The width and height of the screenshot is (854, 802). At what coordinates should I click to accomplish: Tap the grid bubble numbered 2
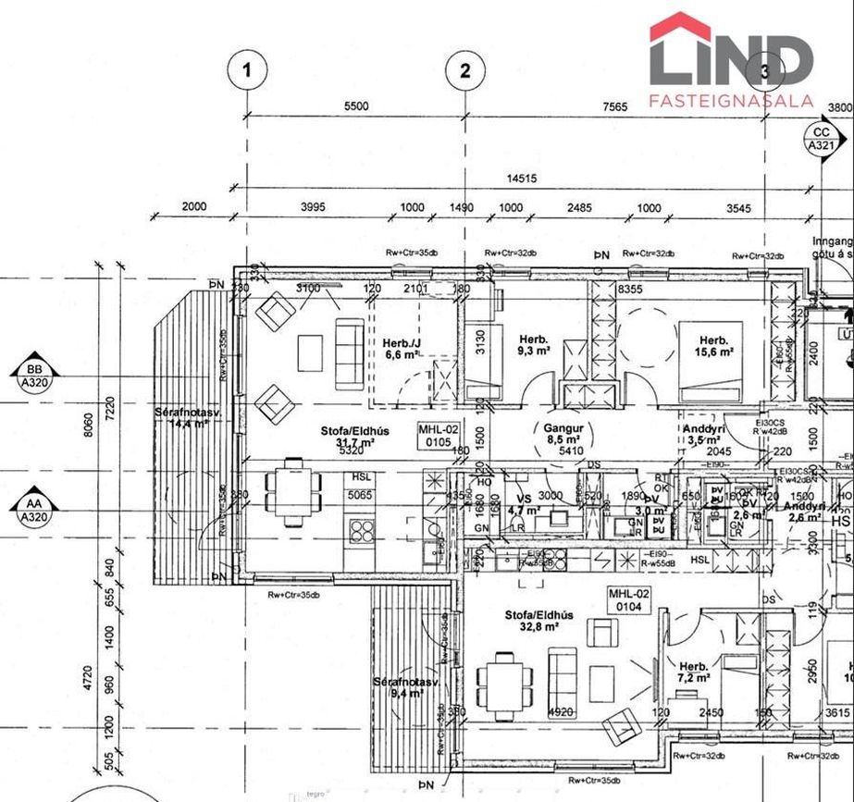click(465, 70)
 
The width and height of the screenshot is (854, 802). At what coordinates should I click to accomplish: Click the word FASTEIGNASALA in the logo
click(731, 100)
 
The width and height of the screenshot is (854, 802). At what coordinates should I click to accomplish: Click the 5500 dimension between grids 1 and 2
click(355, 106)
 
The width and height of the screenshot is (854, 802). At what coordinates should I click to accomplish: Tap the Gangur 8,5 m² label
click(563, 435)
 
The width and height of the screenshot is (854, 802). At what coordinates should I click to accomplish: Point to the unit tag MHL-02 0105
click(439, 436)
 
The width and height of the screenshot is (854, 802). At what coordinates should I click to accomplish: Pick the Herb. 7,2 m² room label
click(694, 672)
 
